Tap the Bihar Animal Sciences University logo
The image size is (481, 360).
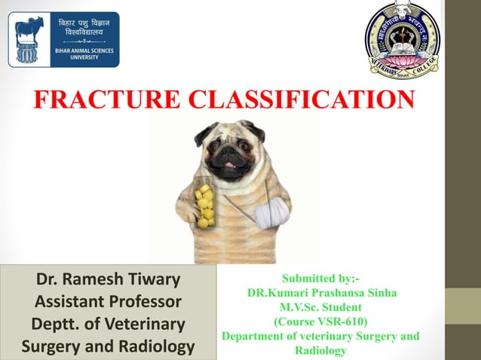pyautogui.click(x=63, y=39)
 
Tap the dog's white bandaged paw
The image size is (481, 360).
pyautogui.click(x=271, y=215)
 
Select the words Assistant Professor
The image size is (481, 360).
pyautogui.click(x=109, y=303)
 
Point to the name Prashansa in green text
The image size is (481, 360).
pyautogui.click(x=344, y=293)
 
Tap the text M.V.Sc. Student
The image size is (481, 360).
pyautogui.click(x=320, y=307)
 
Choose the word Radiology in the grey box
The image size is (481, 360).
pyautogui.click(x=158, y=347)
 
